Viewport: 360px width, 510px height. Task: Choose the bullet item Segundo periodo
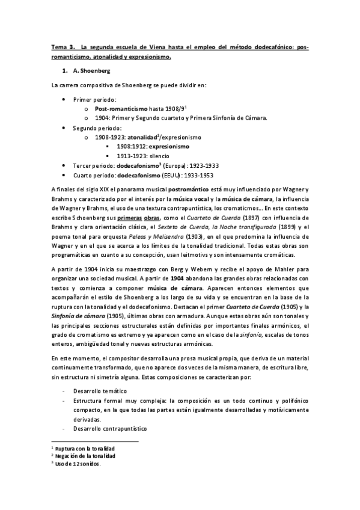click(x=97, y=127)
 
